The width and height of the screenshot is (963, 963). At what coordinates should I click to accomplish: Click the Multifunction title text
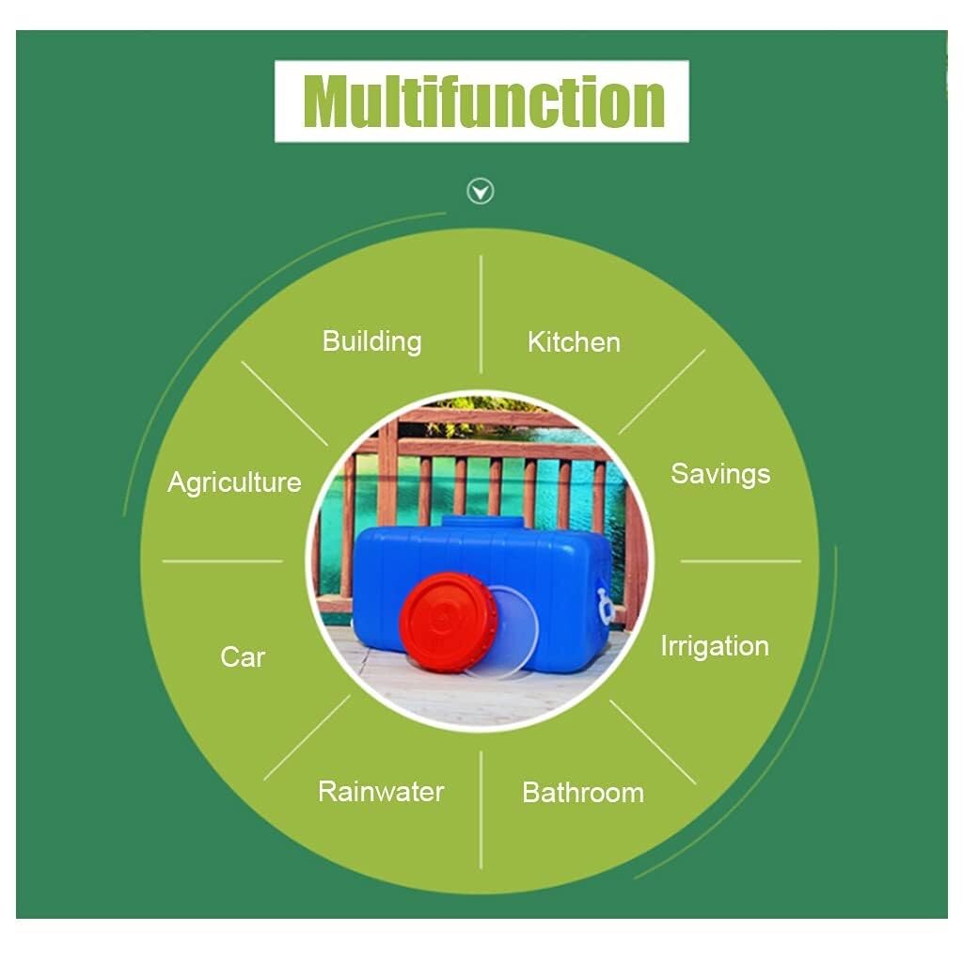[x=483, y=102]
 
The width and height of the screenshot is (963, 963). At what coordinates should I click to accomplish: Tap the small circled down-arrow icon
[x=481, y=191]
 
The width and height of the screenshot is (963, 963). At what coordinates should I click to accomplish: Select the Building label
[x=372, y=341]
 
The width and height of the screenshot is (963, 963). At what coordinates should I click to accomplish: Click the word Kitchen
[x=574, y=342]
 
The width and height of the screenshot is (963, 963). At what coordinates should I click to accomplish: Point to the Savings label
[x=720, y=474]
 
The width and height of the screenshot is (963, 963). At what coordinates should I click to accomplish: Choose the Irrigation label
[x=715, y=646]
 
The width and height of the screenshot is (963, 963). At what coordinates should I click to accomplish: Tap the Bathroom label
[x=583, y=792]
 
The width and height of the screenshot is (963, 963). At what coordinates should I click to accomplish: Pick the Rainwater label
[x=381, y=791]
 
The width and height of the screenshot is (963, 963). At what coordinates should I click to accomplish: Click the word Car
[x=243, y=657]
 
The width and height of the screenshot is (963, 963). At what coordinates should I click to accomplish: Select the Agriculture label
[x=234, y=482]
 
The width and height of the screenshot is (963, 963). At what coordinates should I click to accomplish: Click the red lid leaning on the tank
[x=449, y=622]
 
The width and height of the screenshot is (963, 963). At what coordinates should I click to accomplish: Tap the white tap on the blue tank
[x=605, y=606]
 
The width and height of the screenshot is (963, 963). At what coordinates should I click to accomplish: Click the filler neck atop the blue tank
[x=482, y=522]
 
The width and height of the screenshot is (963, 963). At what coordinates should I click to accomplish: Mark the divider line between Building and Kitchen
[x=481, y=314]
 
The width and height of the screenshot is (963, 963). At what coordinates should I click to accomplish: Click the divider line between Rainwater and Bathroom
[x=481, y=810]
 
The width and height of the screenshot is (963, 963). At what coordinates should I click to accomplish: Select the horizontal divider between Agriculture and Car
[x=222, y=560]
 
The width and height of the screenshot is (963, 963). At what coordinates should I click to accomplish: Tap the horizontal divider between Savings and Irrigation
[x=741, y=560]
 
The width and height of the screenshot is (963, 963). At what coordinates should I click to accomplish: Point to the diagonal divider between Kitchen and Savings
[x=662, y=392]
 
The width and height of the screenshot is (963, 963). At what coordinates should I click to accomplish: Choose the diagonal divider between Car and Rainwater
[x=308, y=737]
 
